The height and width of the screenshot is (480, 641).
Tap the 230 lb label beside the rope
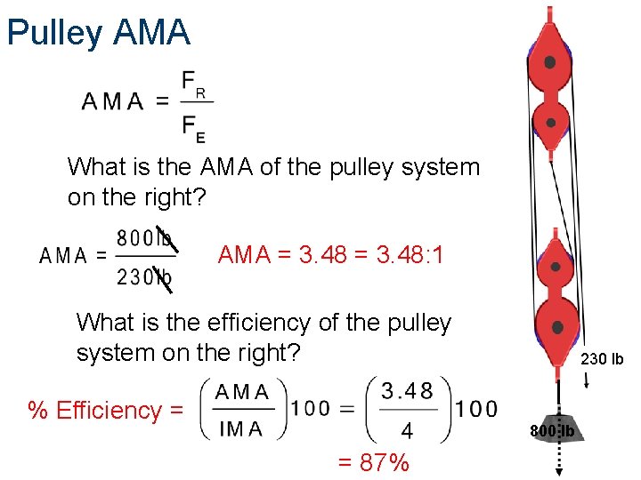[602, 360]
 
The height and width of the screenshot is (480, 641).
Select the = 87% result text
[373, 462]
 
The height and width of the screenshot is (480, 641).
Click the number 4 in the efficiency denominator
[407, 431]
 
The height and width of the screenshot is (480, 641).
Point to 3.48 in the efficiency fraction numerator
[407, 391]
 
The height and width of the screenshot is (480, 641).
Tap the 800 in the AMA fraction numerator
[134, 239]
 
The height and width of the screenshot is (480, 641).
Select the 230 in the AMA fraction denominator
[134, 277]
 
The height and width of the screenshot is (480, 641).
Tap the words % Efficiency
[106, 410]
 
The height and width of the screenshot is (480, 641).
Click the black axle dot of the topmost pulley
[550, 62]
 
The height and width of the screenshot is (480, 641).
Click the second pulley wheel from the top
[550, 123]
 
